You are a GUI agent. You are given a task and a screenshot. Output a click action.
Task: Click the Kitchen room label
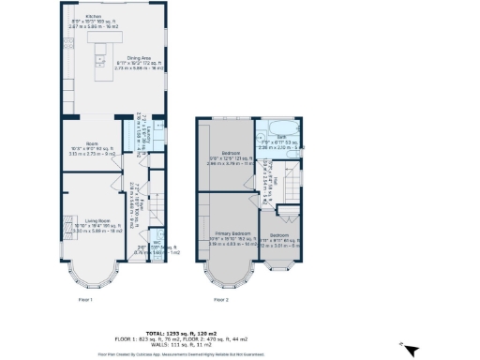click(94, 16)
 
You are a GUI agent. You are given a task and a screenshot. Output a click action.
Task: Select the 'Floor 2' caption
click(221, 300)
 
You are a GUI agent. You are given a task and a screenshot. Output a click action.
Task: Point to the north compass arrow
click(403, 349)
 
